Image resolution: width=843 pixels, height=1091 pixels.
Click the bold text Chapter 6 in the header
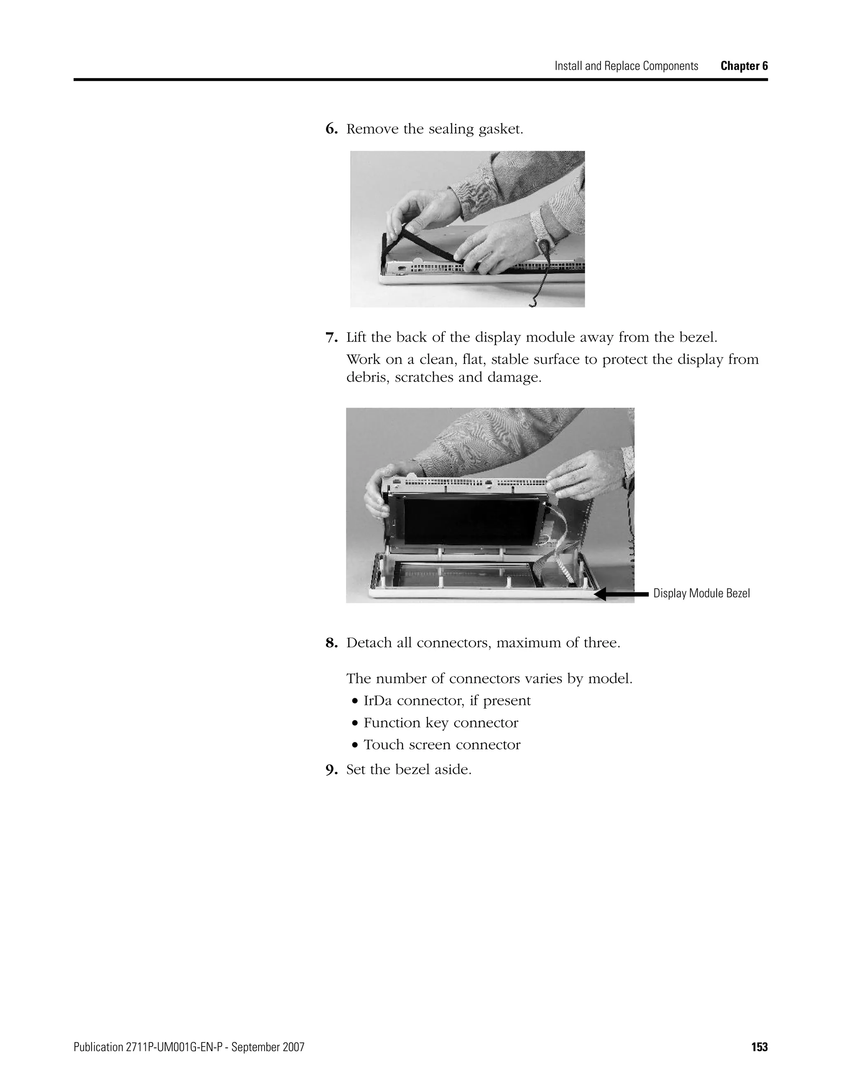coord(744,66)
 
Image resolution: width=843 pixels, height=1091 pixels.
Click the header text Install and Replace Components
coord(626,66)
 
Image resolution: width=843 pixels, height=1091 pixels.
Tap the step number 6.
coord(331,129)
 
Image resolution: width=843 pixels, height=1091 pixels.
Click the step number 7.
coord(331,338)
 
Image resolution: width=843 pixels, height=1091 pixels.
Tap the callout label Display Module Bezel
coord(701,593)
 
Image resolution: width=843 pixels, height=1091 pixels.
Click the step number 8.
coord(331,643)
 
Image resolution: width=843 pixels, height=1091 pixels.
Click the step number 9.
coord(331,770)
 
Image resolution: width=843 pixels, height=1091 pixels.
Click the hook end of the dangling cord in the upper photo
coord(532,303)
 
